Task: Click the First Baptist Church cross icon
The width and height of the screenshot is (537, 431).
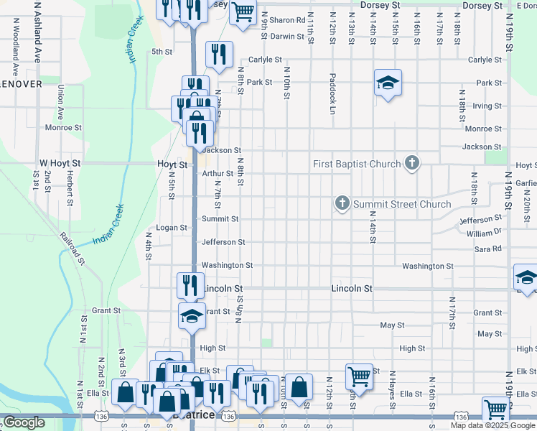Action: coord(412,163)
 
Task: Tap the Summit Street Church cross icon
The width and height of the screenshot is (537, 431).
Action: coord(342,204)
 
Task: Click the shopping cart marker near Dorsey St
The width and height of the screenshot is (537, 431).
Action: coord(243,11)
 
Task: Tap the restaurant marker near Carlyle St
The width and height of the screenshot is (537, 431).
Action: coord(219,54)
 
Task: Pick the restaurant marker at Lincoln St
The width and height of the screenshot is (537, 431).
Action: coord(191,285)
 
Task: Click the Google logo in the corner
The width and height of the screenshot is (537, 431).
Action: coord(24,422)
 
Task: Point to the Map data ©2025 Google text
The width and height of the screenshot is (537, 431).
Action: coord(492,425)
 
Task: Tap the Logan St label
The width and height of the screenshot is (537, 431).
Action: coord(172,228)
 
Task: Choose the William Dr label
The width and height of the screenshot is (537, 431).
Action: coord(484,233)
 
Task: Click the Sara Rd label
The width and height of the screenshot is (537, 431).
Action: coord(487,249)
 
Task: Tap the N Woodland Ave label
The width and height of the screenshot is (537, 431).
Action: coord(14,46)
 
